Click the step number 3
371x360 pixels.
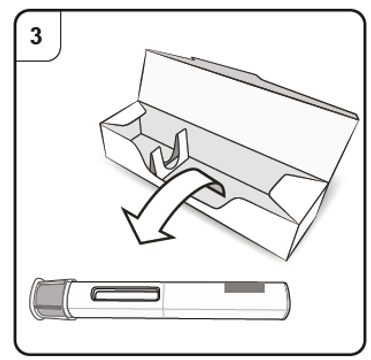coord(36,36)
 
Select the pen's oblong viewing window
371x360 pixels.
coord(125,293)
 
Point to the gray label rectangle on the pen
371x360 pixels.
coord(244,287)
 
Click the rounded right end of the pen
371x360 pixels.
coord(286,301)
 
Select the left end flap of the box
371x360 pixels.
coord(124,114)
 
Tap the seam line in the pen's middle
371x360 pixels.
coord(164,300)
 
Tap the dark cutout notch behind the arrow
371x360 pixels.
coord(219,189)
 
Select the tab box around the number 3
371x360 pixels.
coord(37,36)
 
